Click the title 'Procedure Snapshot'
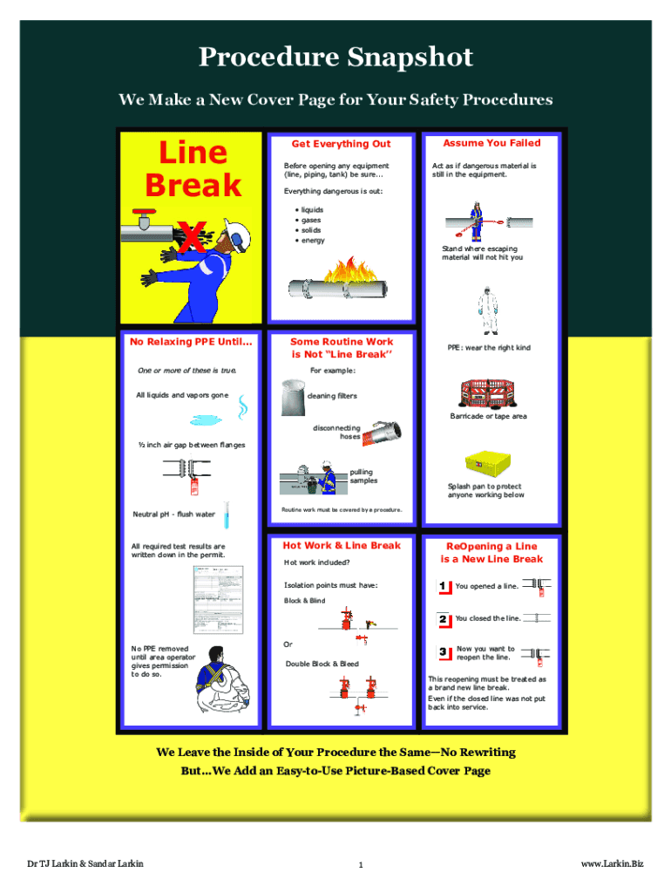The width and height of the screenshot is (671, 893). point(335,58)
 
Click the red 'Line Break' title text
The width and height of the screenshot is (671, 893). point(193,168)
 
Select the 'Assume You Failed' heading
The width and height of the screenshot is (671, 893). point(491,143)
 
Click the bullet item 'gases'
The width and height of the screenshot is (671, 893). point(311,221)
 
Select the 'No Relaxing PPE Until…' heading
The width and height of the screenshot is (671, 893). point(191,342)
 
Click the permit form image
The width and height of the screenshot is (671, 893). point(213,602)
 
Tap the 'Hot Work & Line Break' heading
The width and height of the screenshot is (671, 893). point(341,546)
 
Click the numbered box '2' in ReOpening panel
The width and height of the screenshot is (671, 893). point(444,619)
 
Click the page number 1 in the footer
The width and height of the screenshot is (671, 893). point(360,865)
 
